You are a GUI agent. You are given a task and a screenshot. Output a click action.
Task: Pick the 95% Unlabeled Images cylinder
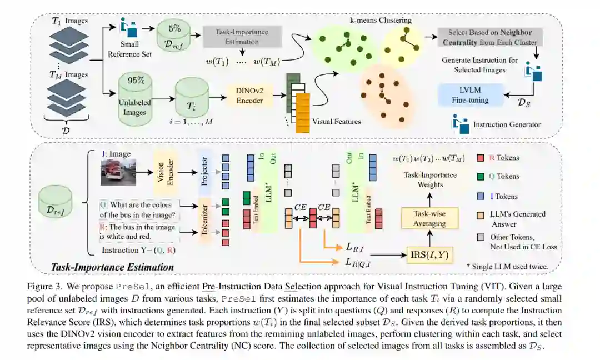[x=134, y=95]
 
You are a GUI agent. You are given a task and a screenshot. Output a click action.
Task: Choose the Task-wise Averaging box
[x=429, y=219]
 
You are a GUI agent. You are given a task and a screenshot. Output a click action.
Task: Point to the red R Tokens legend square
[x=481, y=158]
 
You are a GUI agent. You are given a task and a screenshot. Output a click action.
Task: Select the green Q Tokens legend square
[x=481, y=177]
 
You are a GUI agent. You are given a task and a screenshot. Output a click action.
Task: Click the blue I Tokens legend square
[x=481, y=196]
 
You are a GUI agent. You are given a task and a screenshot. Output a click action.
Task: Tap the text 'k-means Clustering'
[x=380, y=21]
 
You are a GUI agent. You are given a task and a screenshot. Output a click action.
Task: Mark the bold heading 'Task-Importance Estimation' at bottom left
[x=112, y=267]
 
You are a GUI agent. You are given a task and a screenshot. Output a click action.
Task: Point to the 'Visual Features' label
[x=336, y=121]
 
